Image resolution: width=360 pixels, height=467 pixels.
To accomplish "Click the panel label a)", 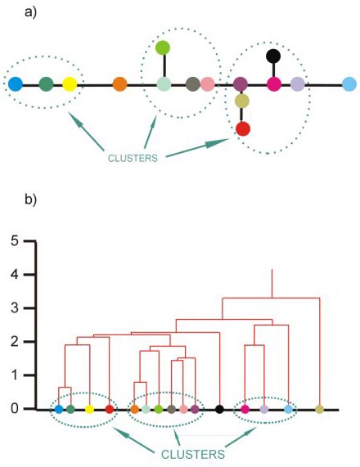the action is [31, 12].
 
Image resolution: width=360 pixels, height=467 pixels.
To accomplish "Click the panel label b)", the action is [31, 199].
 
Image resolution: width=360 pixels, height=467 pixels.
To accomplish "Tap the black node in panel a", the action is [273, 56].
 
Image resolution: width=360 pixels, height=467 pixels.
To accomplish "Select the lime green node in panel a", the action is [163, 47].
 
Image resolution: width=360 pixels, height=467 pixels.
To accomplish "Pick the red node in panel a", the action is [243, 129].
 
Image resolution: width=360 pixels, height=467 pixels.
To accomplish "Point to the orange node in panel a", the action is [119, 84].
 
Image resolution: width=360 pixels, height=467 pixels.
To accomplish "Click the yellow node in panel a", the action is [70, 84].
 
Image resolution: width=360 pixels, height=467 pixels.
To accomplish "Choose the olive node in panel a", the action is [242, 101].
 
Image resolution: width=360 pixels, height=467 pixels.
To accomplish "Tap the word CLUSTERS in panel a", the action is [133, 158].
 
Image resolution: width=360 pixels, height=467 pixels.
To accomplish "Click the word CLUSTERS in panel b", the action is [193, 454].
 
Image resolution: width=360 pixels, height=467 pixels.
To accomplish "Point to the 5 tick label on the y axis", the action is [15, 240].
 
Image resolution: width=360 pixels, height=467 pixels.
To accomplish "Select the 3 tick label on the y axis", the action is [15, 308].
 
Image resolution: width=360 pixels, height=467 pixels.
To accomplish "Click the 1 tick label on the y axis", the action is [15, 375].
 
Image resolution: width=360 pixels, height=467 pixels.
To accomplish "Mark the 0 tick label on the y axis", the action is [15, 409].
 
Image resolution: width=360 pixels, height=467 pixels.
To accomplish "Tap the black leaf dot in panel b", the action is [219, 409].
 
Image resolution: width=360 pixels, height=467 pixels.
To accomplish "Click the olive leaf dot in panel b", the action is [319, 409].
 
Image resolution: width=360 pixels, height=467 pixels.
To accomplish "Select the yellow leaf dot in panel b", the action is [89, 409].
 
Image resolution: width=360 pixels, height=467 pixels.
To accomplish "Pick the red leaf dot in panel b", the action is [110, 409].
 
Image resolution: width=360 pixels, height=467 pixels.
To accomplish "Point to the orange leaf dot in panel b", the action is [134, 409].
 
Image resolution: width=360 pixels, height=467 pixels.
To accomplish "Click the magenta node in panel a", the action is [274, 84].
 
